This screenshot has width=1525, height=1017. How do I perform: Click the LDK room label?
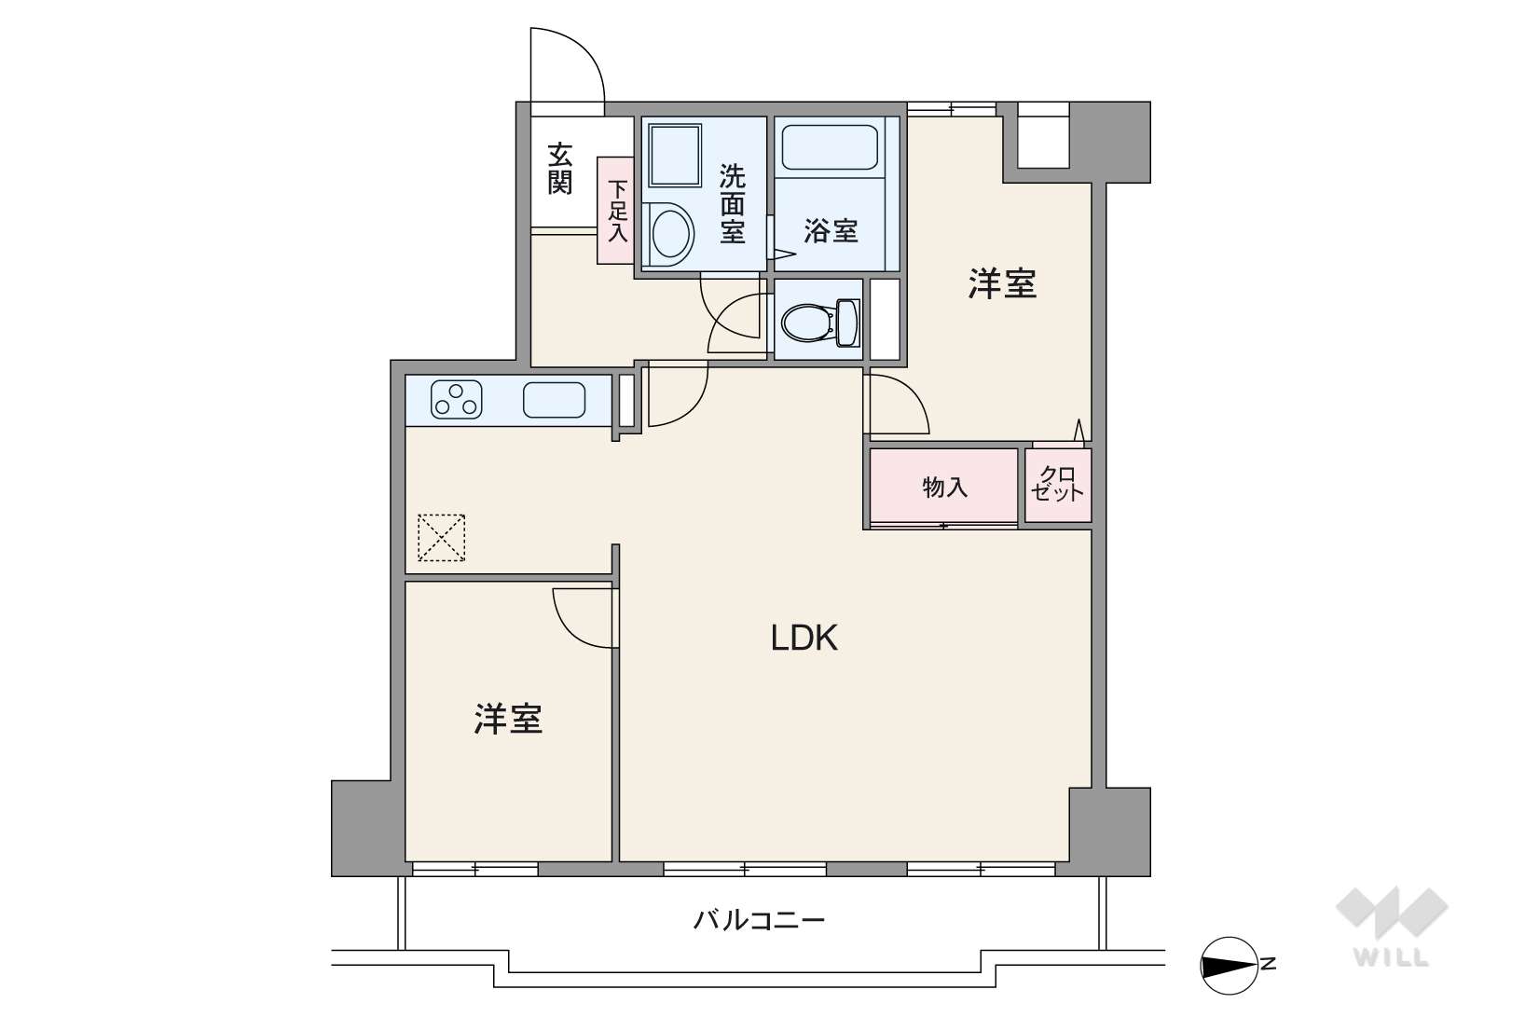(804, 638)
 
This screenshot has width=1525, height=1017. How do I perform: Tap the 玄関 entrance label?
(559, 168)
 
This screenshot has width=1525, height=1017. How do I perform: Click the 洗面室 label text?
(732, 203)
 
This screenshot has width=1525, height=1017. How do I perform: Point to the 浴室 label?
(830, 230)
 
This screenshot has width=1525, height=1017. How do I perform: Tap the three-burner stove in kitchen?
(457, 400)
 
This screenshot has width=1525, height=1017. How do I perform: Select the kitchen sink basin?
(554, 400)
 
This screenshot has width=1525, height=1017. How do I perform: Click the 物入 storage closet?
(943, 487)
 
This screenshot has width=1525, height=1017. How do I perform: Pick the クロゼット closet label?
(1058, 485)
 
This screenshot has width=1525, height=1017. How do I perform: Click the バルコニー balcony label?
(759, 921)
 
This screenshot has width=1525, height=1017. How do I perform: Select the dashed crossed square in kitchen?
(441, 538)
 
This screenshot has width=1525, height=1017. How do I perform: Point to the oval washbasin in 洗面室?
(670, 232)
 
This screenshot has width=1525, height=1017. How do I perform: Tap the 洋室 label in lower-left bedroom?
(508, 719)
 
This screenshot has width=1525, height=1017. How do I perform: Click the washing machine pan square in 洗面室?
(674, 156)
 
